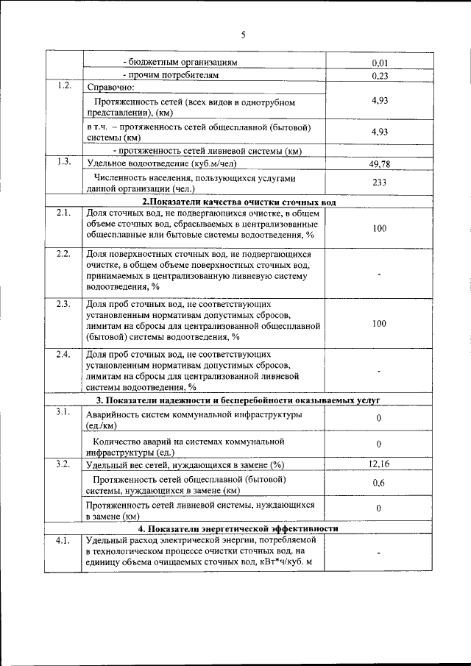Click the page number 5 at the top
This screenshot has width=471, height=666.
242,34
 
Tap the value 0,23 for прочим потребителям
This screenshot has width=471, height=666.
380,75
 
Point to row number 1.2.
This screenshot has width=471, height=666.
63,86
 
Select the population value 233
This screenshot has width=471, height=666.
380,183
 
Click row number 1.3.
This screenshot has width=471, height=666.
63,162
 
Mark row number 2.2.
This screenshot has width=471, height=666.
63,255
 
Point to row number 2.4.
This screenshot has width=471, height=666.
63,355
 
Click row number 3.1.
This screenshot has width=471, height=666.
63,411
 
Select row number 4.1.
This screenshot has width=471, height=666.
63,541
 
